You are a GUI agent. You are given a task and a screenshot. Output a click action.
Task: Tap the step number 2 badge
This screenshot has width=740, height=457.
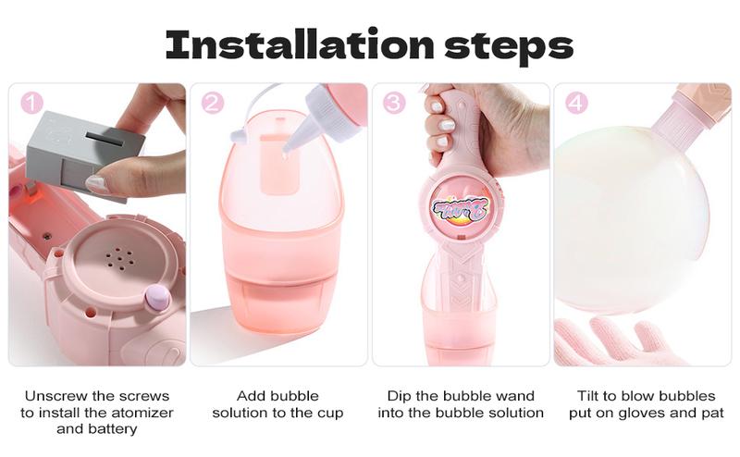click(x=212, y=103)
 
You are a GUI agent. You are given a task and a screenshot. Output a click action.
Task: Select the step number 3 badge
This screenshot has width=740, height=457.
click(x=394, y=103)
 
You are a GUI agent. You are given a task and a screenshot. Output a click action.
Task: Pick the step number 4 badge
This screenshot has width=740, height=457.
click(x=575, y=103)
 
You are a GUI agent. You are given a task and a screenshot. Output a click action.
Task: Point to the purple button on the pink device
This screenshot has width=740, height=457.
click(x=156, y=297)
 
